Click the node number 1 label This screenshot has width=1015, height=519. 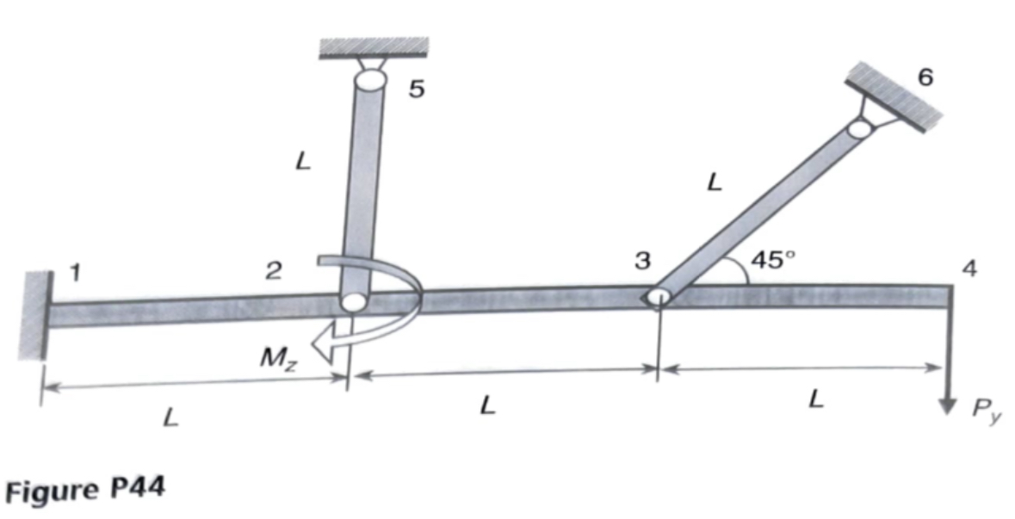75,273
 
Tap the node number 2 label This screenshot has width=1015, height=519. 273,273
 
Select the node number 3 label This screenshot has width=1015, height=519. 642,262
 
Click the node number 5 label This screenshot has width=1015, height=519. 416,89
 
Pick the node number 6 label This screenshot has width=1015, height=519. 925,77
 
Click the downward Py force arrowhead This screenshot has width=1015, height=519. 948,403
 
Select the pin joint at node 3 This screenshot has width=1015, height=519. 658,297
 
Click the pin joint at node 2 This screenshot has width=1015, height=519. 352,302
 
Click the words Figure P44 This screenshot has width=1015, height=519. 86,490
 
